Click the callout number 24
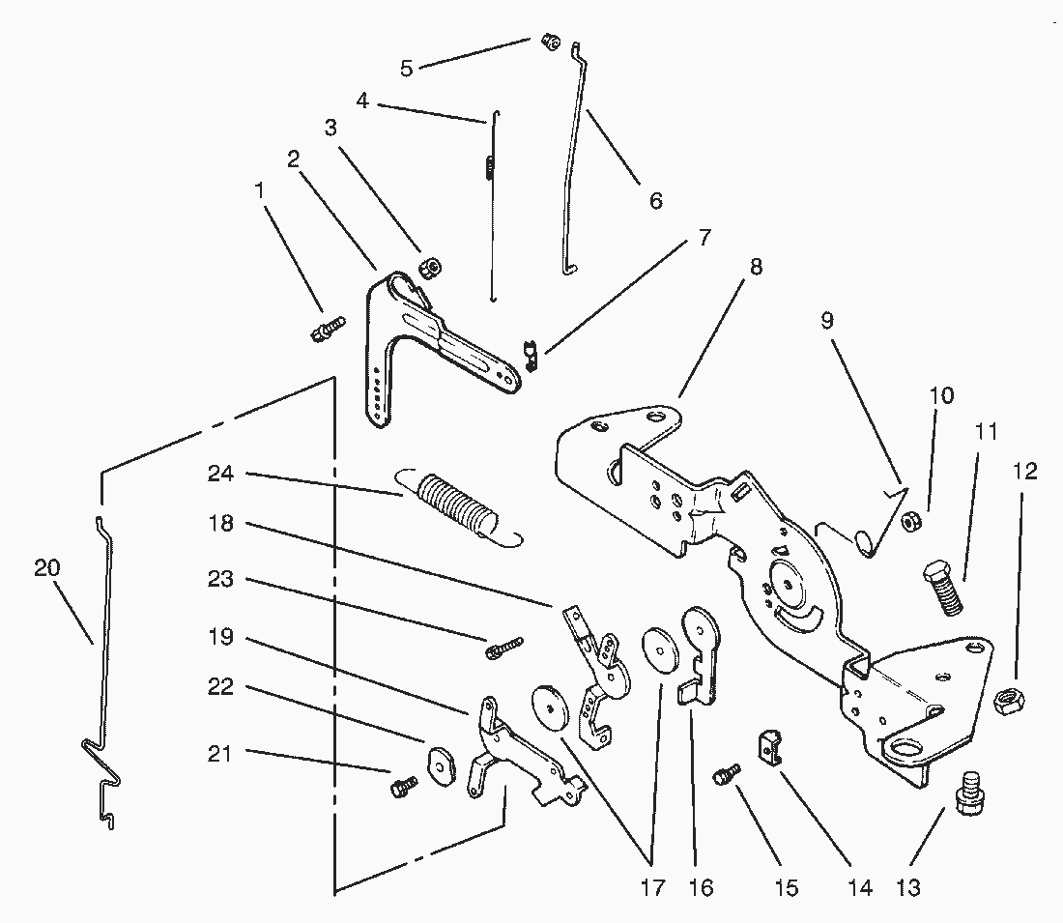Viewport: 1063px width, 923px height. (x=221, y=474)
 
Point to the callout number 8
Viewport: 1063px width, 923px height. (x=756, y=267)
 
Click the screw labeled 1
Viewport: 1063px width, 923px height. (x=329, y=328)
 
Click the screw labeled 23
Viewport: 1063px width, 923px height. (x=503, y=645)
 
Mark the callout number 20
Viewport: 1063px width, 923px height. (x=46, y=567)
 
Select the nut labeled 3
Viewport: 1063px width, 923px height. (x=429, y=266)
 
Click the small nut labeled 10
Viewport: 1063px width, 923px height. (x=909, y=522)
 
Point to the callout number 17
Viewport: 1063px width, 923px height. (x=652, y=887)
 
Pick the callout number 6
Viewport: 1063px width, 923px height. (x=656, y=201)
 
